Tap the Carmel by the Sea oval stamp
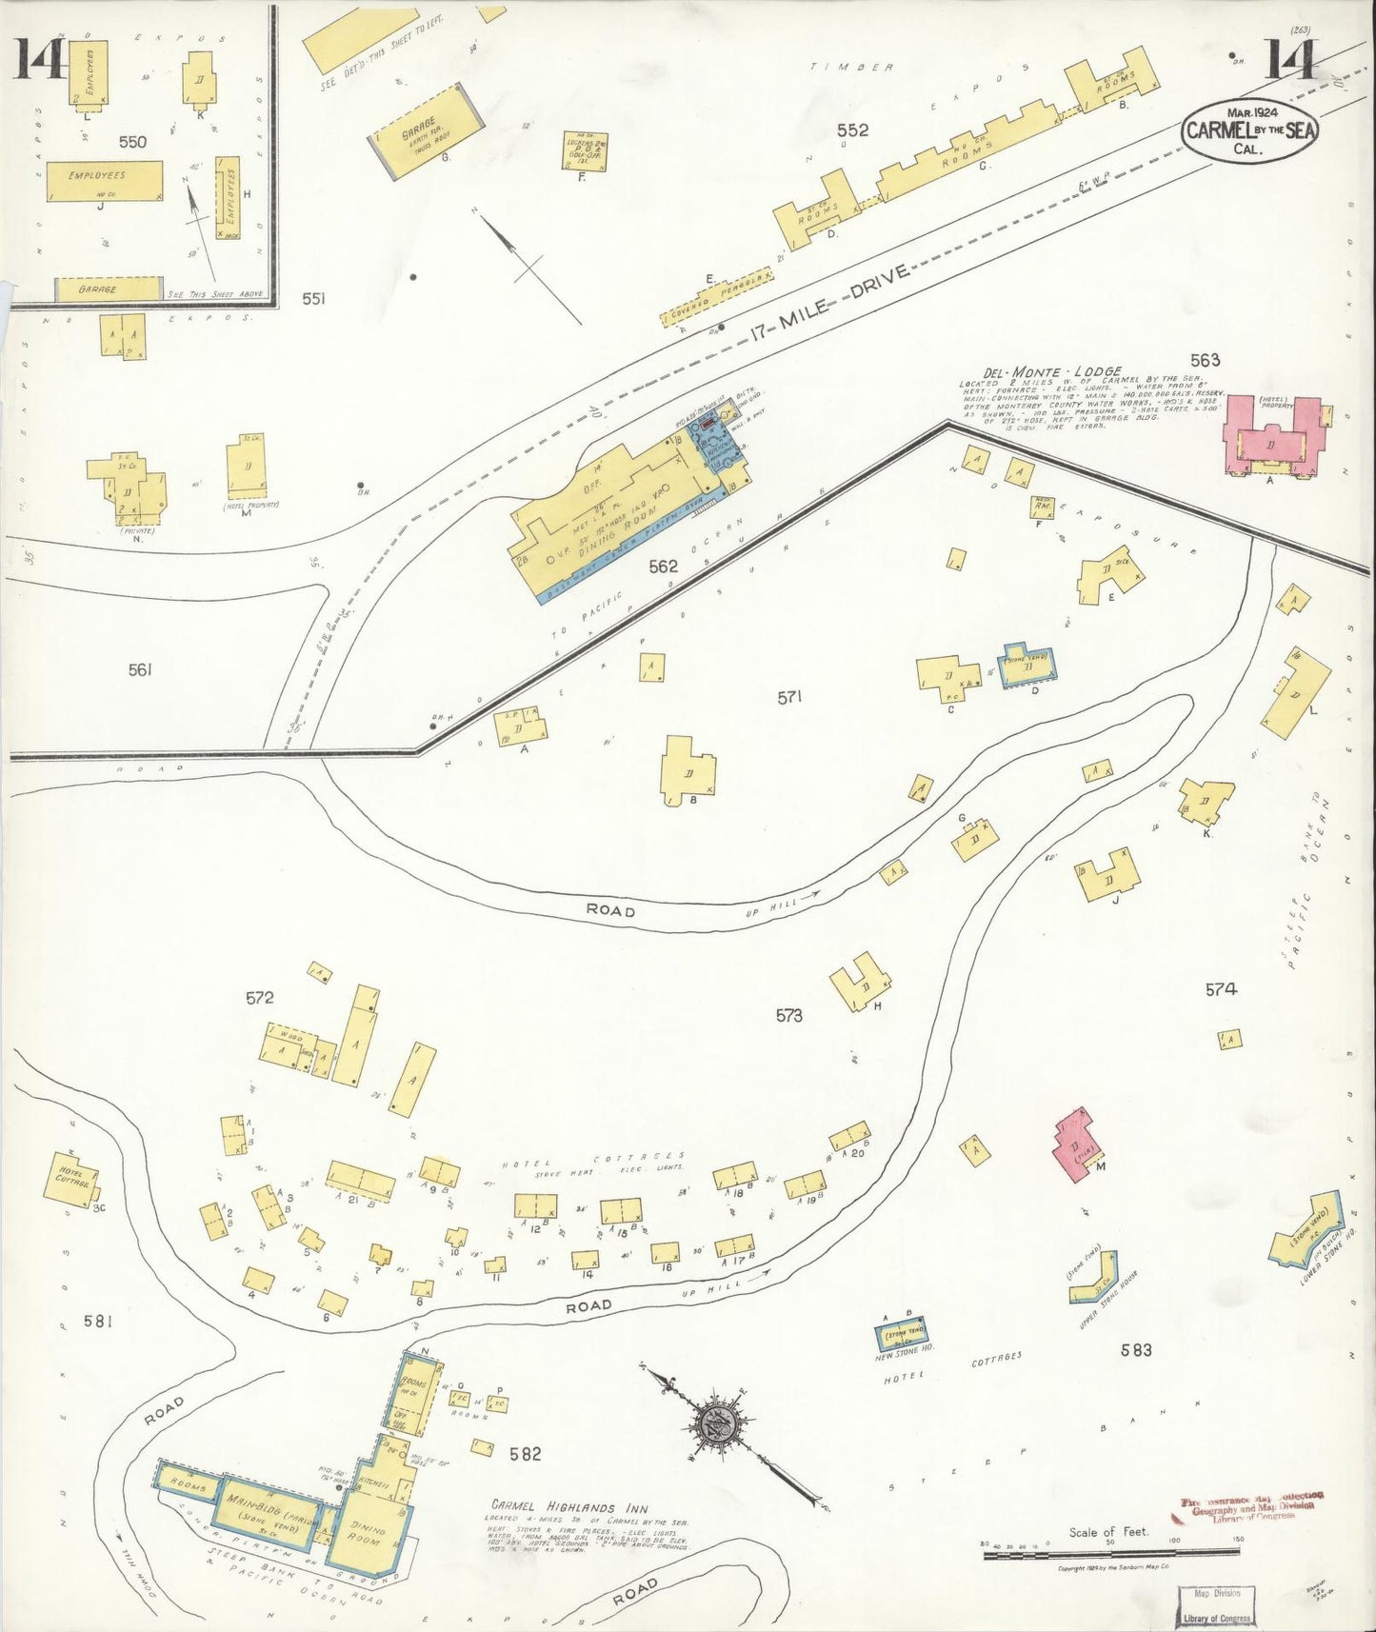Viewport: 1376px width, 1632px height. point(1249,131)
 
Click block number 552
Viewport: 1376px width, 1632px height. point(851,130)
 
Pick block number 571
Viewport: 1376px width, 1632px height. point(789,697)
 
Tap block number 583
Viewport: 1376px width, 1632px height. point(1136,1349)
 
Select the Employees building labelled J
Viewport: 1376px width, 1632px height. point(105,180)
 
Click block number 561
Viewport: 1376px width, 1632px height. point(140,669)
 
